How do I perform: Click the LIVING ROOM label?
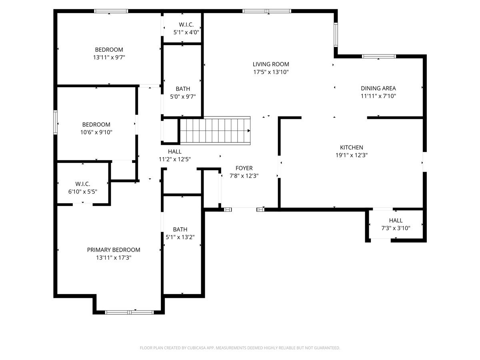click(x=271, y=64)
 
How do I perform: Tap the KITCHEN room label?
click(x=352, y=148)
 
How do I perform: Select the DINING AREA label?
click(x=378, y=88)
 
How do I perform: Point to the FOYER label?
click(x=244, y=168)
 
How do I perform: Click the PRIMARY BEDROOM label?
click(x=114, y=250)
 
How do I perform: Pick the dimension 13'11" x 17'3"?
click(x=114, y=258)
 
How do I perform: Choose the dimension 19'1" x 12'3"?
click(x=352, y=155)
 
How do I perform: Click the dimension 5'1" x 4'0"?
click(x=186, y=32)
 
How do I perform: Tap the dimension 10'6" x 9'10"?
click(x=96, y=132)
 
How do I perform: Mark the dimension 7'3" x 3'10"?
click(x=396, y=228)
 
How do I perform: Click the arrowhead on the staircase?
click(x=249, y=131)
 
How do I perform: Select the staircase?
click(x=215, y=131)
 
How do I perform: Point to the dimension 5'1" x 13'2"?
click(x=180, y=237)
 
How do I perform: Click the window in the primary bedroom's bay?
click(x=130, y=312)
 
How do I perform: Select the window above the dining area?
click(x=379, y=56)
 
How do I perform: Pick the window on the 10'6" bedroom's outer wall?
click(x=56, y=122)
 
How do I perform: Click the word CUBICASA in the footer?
click(x=196, y=348)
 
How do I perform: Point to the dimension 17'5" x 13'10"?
click(x=271, y=72)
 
